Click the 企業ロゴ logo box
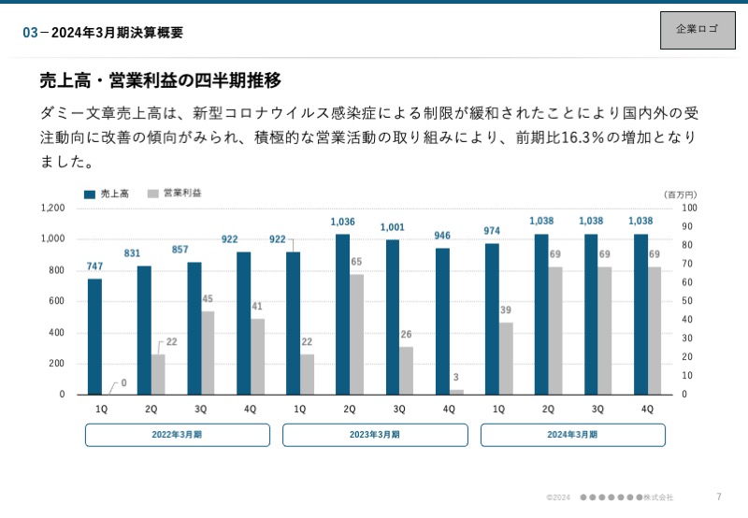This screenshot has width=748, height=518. [697, 29]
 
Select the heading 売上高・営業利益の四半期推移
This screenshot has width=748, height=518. [160, 80]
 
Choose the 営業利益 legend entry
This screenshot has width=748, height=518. [175, 194]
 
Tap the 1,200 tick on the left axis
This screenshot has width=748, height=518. [53, 208]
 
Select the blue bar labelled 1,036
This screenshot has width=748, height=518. [342, 314]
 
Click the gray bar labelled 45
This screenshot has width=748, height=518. [208, 353]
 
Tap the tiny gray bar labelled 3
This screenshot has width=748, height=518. [456, 392]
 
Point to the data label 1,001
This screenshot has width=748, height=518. [393, 227]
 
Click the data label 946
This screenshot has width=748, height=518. [442, 236]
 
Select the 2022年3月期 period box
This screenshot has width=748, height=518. [178, 435]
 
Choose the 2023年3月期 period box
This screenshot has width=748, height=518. [375, 435]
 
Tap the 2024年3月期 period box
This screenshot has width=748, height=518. [573, 435]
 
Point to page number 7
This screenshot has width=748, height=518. [718, 496]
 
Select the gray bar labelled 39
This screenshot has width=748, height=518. [506, 358]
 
